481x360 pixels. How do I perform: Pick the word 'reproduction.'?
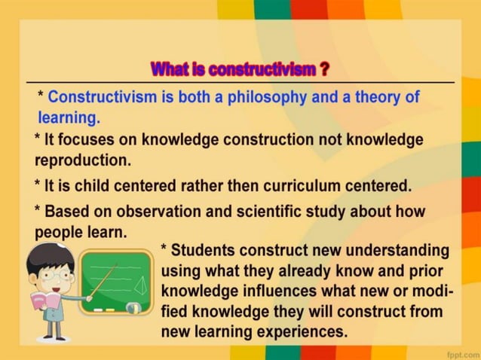pyautogui.click(x=83, y=160)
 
